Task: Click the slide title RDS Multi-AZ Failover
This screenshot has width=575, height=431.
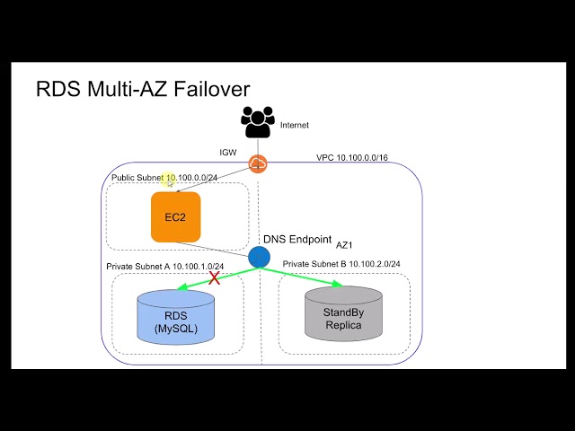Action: pos(142,89)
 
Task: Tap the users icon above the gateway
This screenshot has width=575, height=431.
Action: pos(258,123)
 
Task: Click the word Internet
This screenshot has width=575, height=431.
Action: pos(295,126)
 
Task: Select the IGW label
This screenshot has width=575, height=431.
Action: pos(228,154)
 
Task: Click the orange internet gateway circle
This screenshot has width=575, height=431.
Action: pos(258,163)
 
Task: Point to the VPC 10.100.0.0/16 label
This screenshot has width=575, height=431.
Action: pos(352,157)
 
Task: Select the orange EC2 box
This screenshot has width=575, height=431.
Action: pos(175,217)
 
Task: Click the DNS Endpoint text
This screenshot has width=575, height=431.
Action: pos(296,240)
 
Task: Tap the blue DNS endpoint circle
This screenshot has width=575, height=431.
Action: pos(259,257)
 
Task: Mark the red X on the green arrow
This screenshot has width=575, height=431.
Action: pos(215,278)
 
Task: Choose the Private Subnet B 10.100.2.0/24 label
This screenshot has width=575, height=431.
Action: pos(341,264)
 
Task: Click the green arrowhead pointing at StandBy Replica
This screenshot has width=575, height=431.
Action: pos(339,285)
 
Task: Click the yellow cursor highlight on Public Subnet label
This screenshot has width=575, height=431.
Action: pos(169,180)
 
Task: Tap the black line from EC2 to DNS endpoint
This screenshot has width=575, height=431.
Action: pos(214,247)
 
